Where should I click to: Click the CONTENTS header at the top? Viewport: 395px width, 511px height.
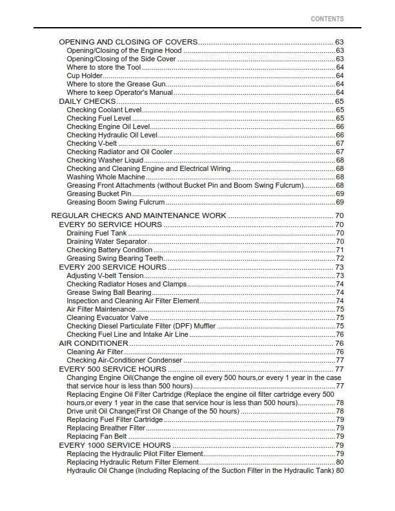327,19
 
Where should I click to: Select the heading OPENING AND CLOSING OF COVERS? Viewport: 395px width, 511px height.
128,42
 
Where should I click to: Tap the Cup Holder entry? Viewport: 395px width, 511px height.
85,76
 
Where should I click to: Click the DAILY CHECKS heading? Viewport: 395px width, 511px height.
87,101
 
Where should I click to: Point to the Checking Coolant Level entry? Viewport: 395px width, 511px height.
104,110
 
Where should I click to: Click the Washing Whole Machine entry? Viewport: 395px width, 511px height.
106,177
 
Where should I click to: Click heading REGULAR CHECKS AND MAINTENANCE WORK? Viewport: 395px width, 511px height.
138,215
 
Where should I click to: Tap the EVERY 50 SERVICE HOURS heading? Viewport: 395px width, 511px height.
110,225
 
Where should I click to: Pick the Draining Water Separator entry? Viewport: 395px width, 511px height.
107,242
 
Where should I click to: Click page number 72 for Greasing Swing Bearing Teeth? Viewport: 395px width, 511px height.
339,259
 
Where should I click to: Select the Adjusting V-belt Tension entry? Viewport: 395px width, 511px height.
105,276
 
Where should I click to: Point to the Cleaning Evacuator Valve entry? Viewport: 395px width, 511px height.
108,317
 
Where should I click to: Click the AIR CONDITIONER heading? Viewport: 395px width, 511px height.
93,343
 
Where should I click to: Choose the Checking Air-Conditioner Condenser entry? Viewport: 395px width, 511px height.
124,360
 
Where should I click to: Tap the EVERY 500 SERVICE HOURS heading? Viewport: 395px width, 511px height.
113,369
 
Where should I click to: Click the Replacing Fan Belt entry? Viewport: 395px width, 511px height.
97,437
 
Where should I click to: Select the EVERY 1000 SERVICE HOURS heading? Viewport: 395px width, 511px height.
115,445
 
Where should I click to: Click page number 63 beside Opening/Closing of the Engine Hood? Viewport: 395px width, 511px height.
339,50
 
